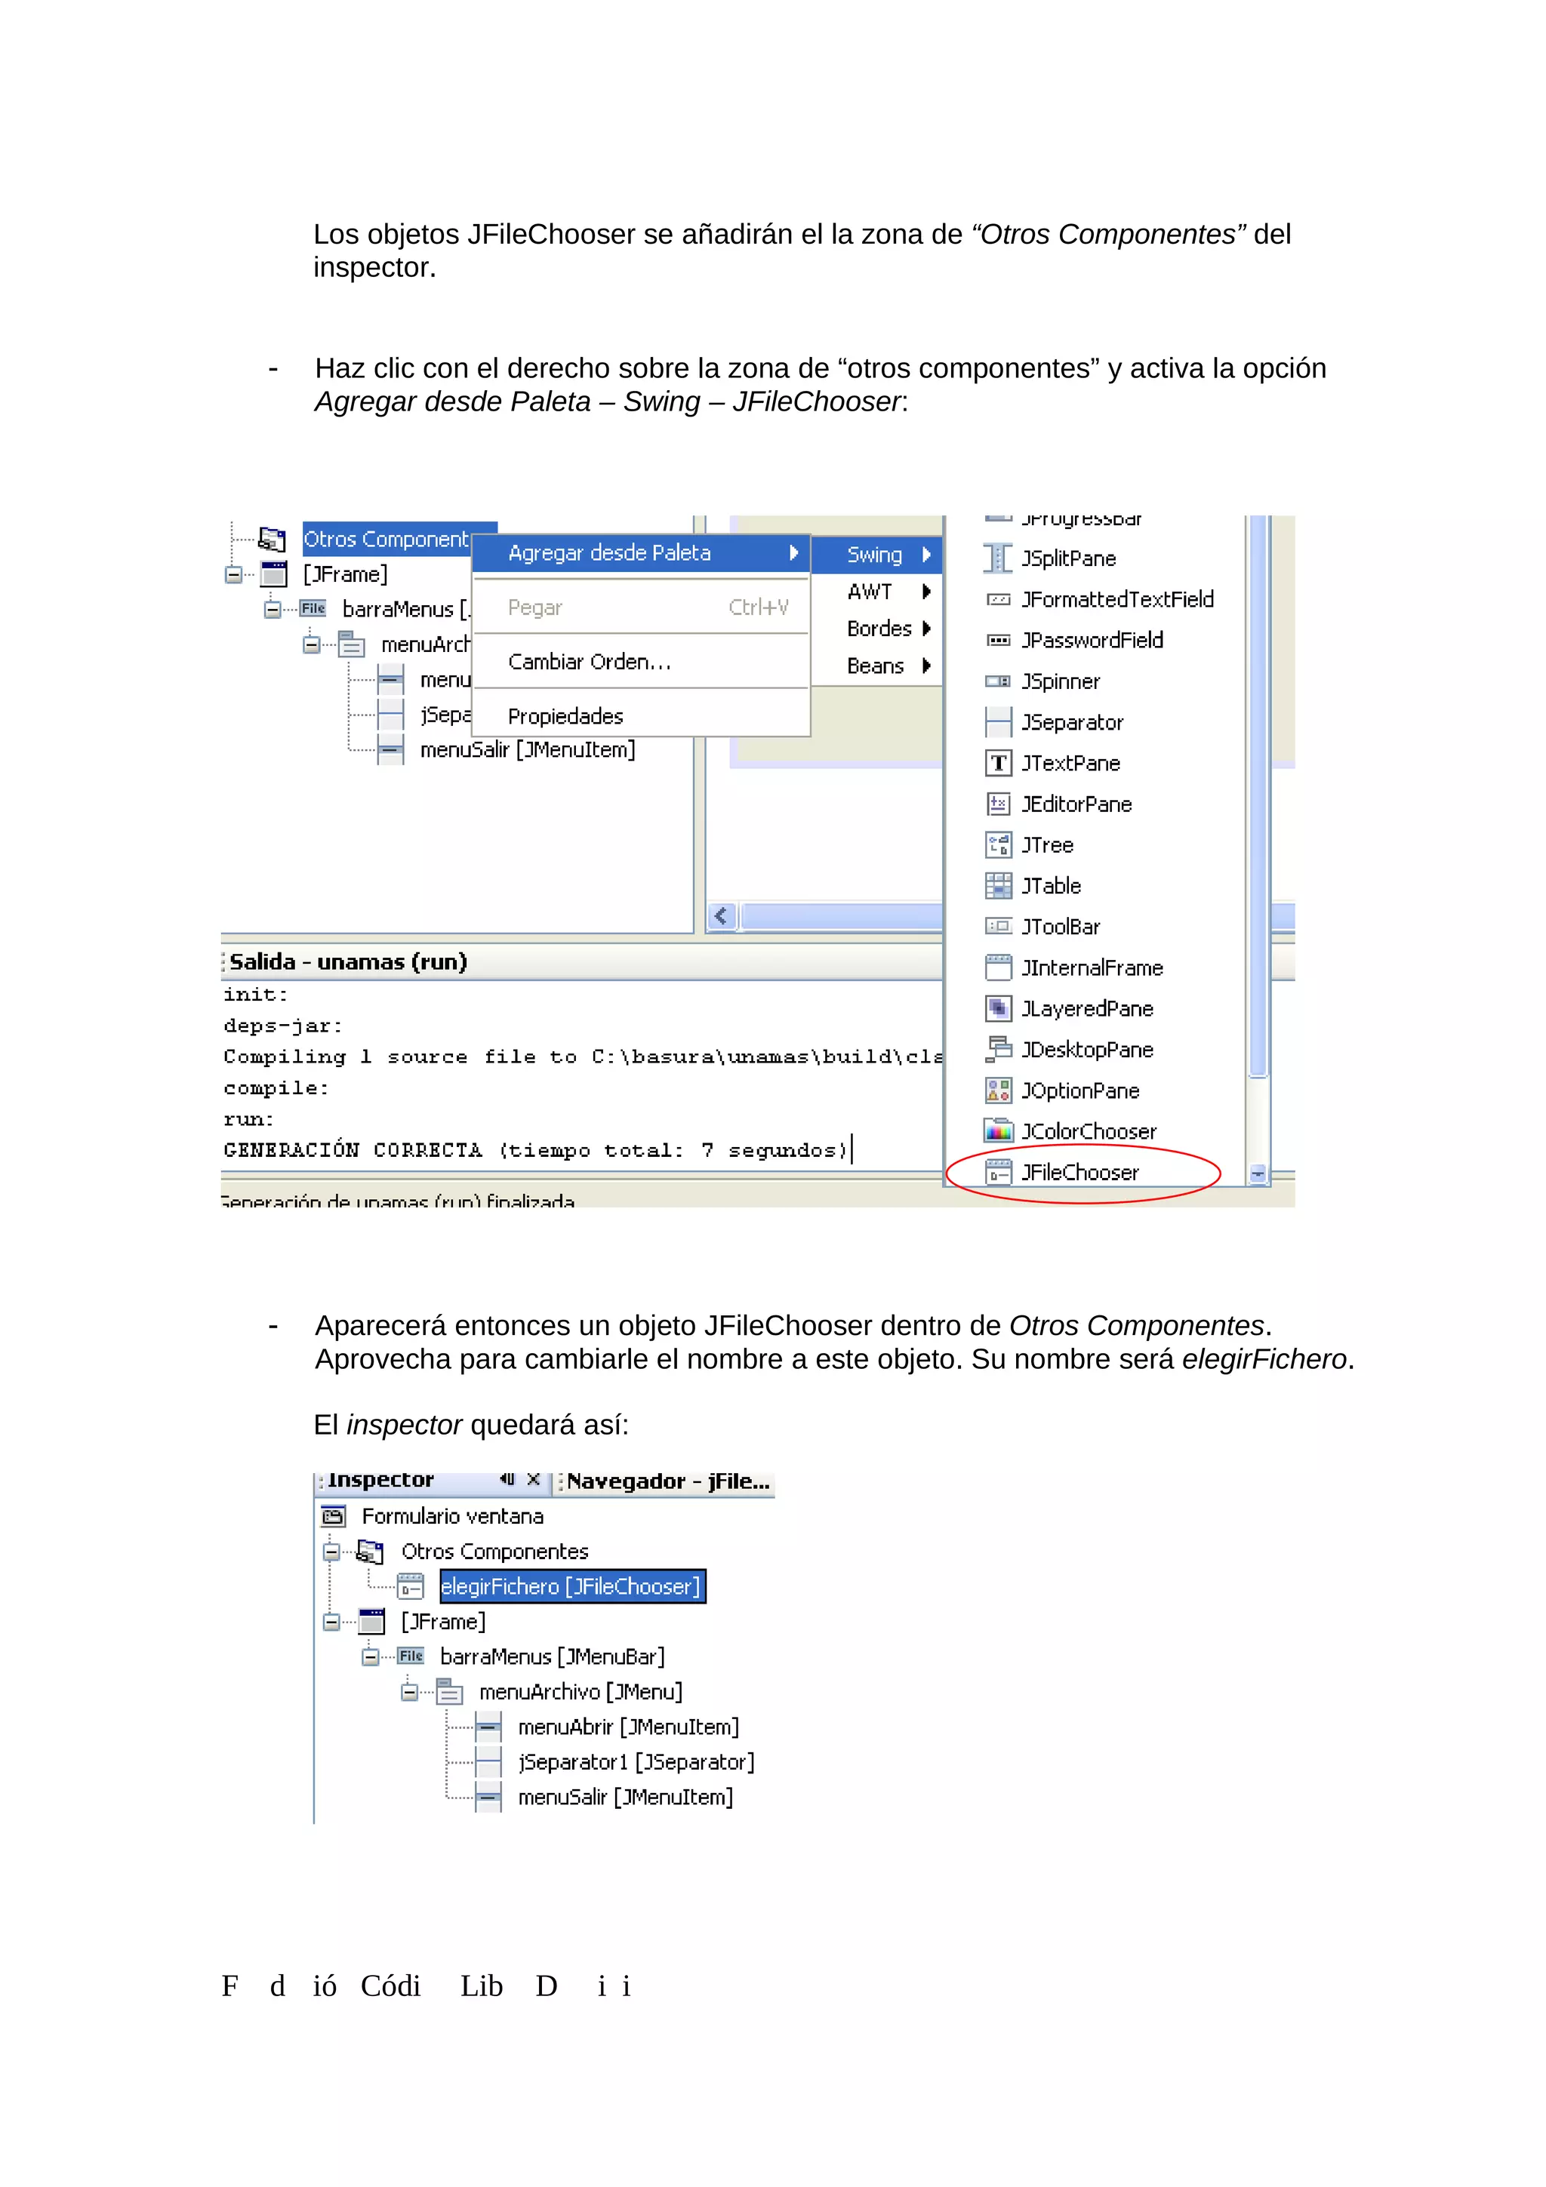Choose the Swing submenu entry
click(874, 555)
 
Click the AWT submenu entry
click(870, 592)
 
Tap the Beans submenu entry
click(874, 666)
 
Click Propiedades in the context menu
click(565, 716)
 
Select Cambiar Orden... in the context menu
click(589, 662)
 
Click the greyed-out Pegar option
click(535, 607)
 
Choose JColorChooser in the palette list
click(1088, 1131)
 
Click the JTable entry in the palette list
click(1051, 886)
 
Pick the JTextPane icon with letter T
click(997, 763)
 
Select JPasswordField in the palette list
click(1092, 640)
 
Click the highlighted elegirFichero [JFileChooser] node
click(571, 1586)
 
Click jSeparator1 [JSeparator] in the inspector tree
click(636, 1762)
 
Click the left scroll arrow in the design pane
click(722, 916)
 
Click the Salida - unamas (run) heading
click(348, 962)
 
